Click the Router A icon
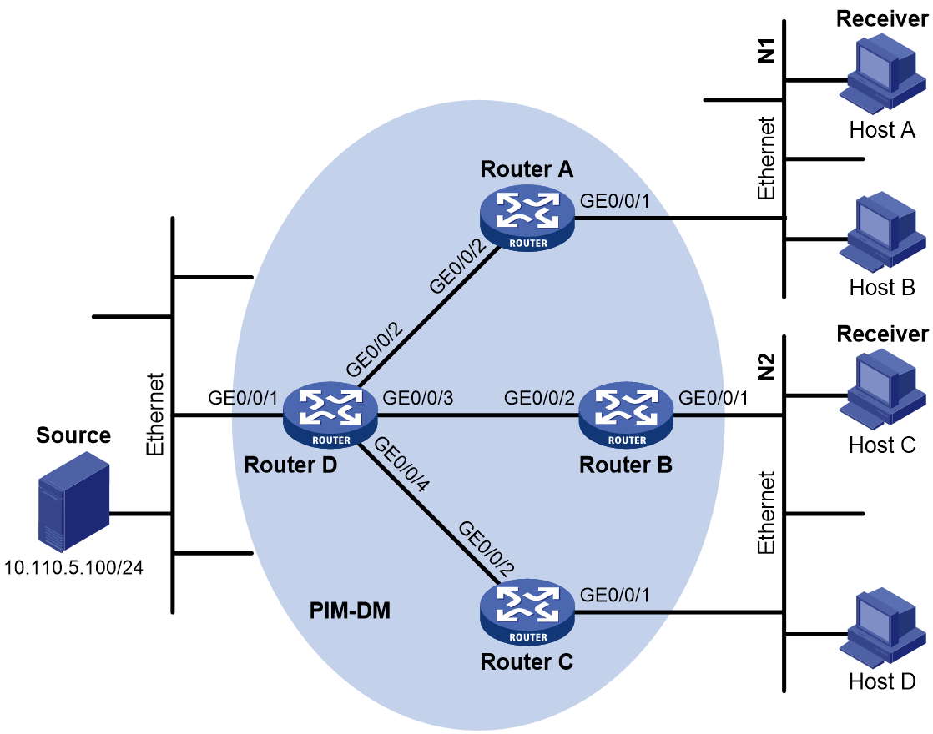527,217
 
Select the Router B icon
626,415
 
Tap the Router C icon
527,611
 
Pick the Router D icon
330,415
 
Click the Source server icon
73,500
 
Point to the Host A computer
883,73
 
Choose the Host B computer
883,231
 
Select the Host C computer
883,389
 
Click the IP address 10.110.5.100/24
73,567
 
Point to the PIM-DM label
350,611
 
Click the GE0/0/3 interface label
418,397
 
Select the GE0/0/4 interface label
401,464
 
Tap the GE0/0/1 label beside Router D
243,397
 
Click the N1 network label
767,50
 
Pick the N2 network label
767,366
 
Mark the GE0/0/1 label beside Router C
615,595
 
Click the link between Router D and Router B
478,415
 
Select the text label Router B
626,465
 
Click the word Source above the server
73,435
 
